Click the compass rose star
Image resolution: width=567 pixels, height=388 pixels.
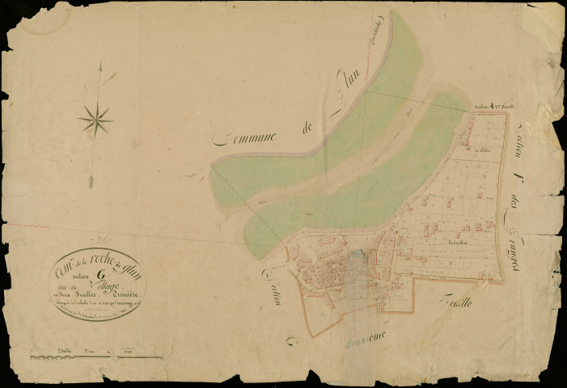95,121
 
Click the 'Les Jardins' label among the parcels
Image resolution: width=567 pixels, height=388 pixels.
458,241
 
